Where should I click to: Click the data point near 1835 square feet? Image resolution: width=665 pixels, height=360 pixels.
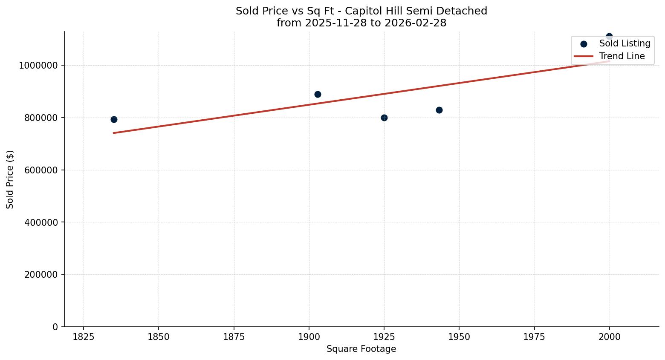pyautogui.click(x=114, y=119)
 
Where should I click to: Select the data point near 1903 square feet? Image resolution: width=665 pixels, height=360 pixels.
pyautogui.click(x=318, y=94)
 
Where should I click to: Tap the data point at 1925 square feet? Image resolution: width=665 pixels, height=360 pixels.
pyautogui.click(x=384, y=118)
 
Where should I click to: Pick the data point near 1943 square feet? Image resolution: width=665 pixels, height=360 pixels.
pyautogui.click(x=439, y=110)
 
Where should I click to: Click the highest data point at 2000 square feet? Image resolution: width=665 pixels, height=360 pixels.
pyautogui.click(x=609, y=36)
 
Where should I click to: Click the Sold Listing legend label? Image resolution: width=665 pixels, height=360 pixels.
pyautogui.click(x=625, y=43)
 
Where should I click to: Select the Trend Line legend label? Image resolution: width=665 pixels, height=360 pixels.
pyautogui.click(x=622, y=56)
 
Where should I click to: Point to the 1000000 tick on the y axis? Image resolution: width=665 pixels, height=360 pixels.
pyautogui.click(x=38, y=66)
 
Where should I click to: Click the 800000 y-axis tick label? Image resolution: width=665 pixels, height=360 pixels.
pyautogui.click(x=40, y=118)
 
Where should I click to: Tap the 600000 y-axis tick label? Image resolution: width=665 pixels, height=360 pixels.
pyautogui.click(x=40, y=170)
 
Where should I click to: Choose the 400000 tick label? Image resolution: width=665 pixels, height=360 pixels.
pyautogui.click(x=40, y=222)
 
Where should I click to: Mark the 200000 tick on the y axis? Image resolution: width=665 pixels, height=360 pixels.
pyautogui.click(x=40, y=275)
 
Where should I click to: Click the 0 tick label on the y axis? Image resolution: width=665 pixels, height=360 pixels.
pyautogui.click(x=55, y=327)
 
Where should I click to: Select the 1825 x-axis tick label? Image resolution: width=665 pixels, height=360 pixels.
pyautogui.click(x=84, y=337)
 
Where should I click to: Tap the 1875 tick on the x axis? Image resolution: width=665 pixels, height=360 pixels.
pyautogui.click(x=234, y=337)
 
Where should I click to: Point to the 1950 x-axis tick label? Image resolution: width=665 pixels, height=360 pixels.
pyautogui.click(x=459, y=337)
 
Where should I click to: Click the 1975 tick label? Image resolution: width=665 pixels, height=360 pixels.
pyautogui.click(x=534, y=337)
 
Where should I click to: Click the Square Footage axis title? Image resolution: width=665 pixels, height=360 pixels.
pyautogui.click(x=361, y=349)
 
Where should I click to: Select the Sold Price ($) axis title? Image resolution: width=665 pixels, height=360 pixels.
pyautogui.click(x=10, y=179)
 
